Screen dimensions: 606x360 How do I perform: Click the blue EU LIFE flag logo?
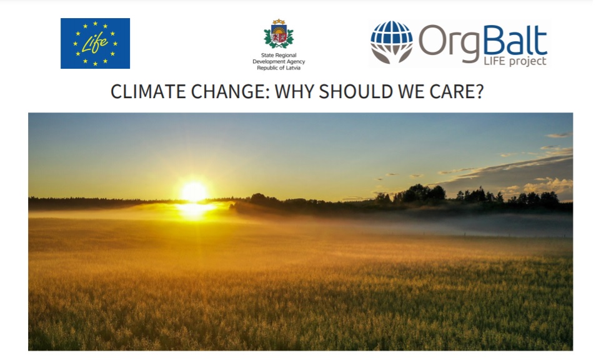(95, 43)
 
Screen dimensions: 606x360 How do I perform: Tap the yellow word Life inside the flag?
(94, 43)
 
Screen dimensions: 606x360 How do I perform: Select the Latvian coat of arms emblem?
(279, 34)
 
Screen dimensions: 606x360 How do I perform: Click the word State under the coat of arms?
(267, 55)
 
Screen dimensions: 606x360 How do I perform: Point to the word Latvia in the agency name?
(292, 67)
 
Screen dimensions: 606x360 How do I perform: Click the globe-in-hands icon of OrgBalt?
(392, 42)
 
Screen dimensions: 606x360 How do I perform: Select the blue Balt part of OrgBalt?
(515, 40)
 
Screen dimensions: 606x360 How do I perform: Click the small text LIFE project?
(515, 61)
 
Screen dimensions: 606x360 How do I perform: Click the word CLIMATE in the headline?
(148, 92)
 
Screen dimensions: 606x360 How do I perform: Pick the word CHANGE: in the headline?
(231, 92)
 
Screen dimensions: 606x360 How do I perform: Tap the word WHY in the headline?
(294, 92)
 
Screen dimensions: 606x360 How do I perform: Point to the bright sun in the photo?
(194, 192)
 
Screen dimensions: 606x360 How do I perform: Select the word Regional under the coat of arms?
(286, 55)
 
